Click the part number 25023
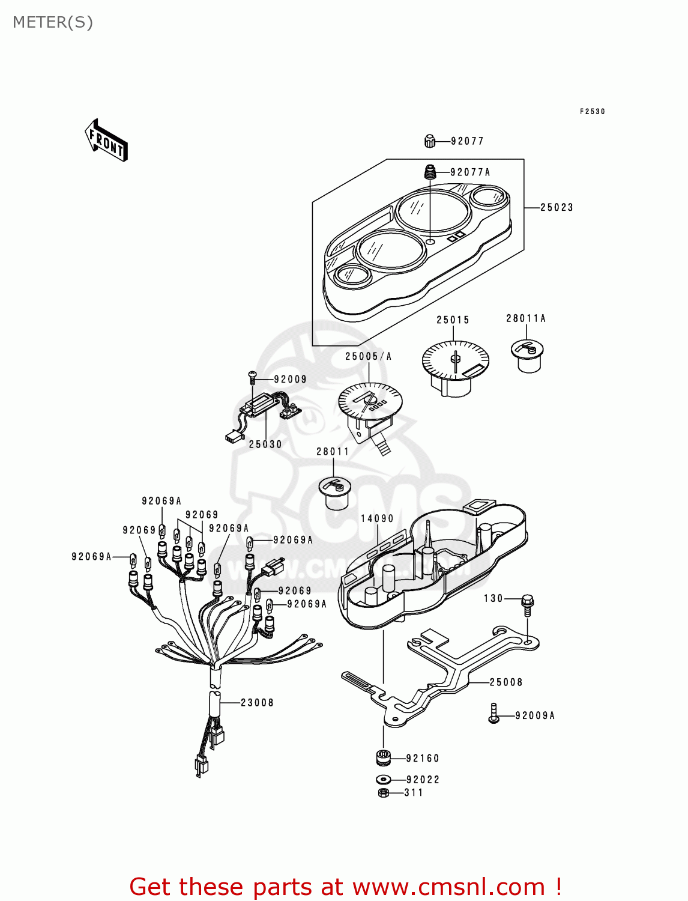557,208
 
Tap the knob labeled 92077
429,141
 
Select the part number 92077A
470,172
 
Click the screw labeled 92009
253,377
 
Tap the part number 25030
265,444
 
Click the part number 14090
377,518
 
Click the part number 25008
506,682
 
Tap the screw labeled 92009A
493,714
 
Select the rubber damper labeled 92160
383,758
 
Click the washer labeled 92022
383,780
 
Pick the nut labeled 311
384,793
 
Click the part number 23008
257,703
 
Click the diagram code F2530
592,112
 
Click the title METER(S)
53,23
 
